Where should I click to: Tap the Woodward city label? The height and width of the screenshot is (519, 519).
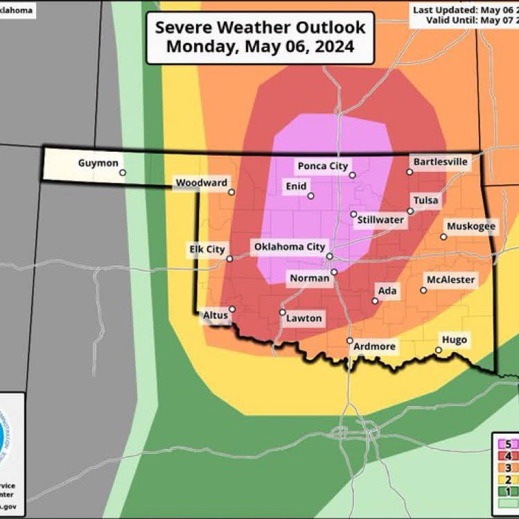(201, 183)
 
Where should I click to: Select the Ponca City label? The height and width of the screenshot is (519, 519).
(321, 166)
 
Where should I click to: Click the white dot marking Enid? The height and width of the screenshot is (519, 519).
(311, 196)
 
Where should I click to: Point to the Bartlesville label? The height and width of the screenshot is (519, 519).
(440, 161)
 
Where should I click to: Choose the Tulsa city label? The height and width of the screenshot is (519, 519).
(426, 200)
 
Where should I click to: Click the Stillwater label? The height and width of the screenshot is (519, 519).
(380, 220)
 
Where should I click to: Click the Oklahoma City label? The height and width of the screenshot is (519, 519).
(290, 246)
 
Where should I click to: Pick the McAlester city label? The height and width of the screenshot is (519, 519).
(450, 279)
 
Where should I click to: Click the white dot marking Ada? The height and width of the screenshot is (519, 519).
(375, 301)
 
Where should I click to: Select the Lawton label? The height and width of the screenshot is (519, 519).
(305, 318)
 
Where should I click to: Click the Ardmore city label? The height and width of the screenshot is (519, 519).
(374, 346)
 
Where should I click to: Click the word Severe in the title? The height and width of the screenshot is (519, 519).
(184, 28)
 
